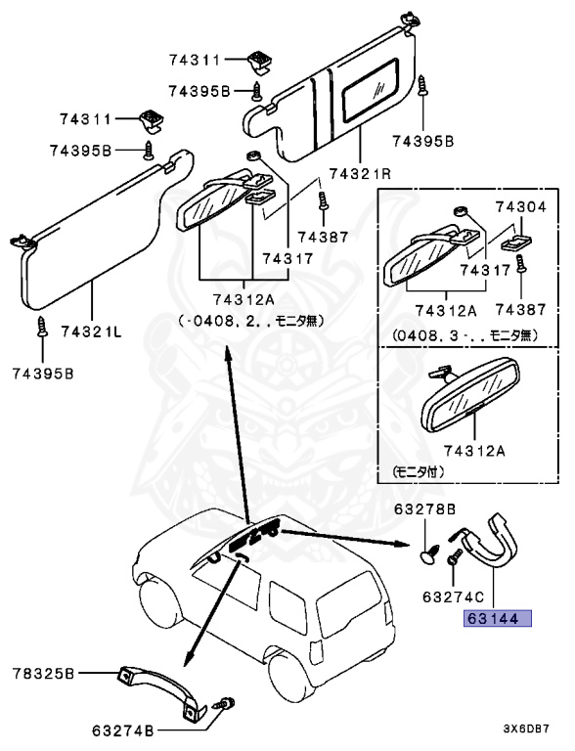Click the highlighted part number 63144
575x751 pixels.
coord(497,618)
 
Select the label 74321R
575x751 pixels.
coord(360,174)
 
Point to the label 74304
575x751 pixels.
coord(521,207)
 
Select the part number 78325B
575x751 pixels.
coord(45,673)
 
